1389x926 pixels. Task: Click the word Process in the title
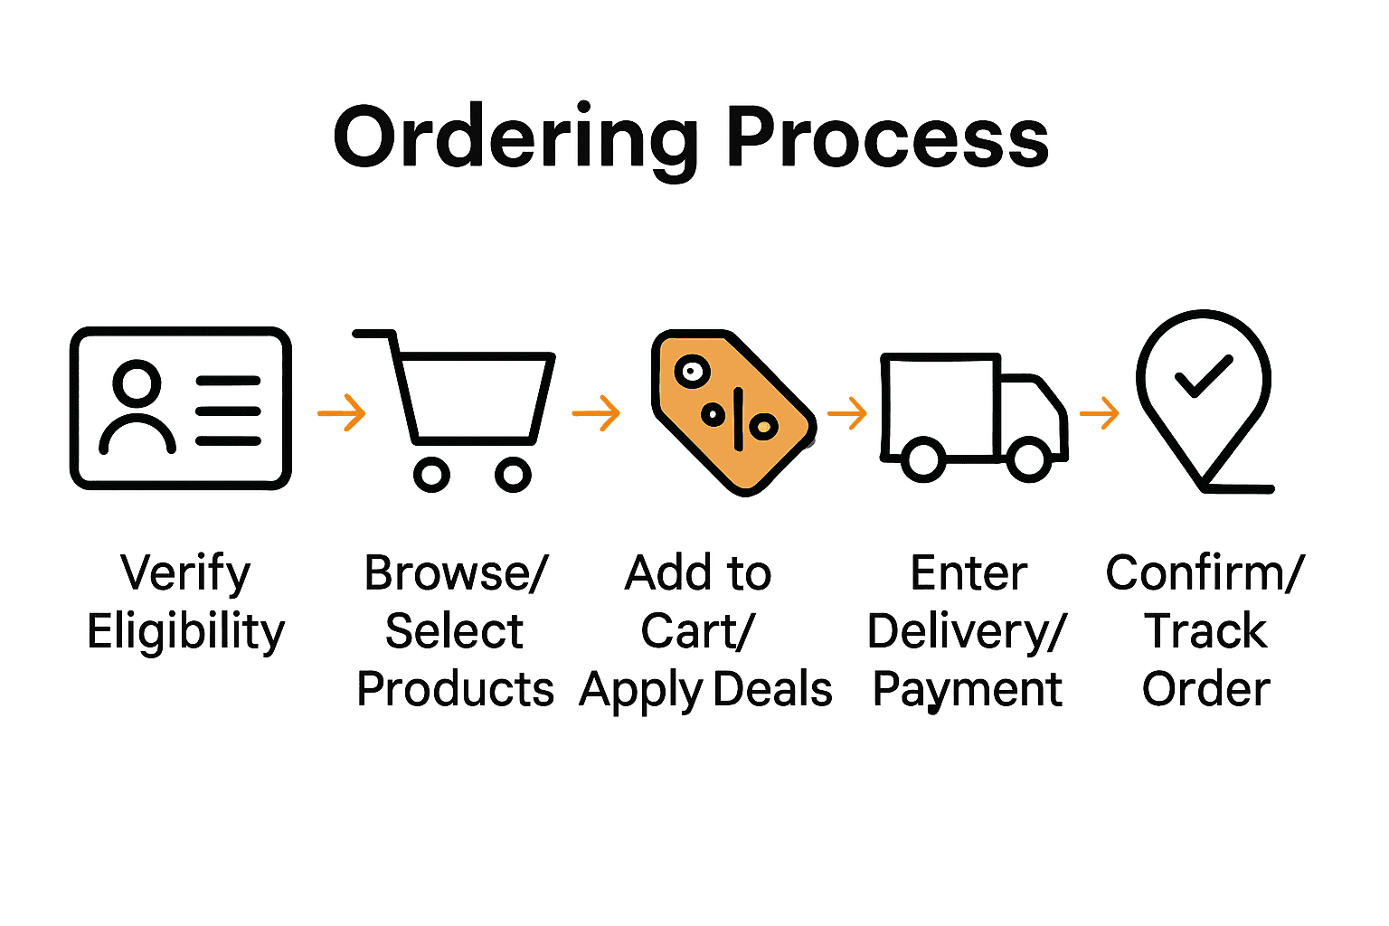886,137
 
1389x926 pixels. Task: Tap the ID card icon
181,409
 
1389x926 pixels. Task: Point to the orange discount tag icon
732,412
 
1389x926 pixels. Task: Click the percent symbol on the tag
737,418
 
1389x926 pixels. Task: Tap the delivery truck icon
973,416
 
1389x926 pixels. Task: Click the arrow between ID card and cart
342,413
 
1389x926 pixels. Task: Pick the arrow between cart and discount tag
597,413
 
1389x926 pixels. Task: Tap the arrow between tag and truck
847,414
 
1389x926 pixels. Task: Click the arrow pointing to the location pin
1100,414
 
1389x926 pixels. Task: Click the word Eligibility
186,631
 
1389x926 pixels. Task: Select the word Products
455,689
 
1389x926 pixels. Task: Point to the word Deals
772,689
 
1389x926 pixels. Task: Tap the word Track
1206,630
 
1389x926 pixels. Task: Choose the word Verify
186,573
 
